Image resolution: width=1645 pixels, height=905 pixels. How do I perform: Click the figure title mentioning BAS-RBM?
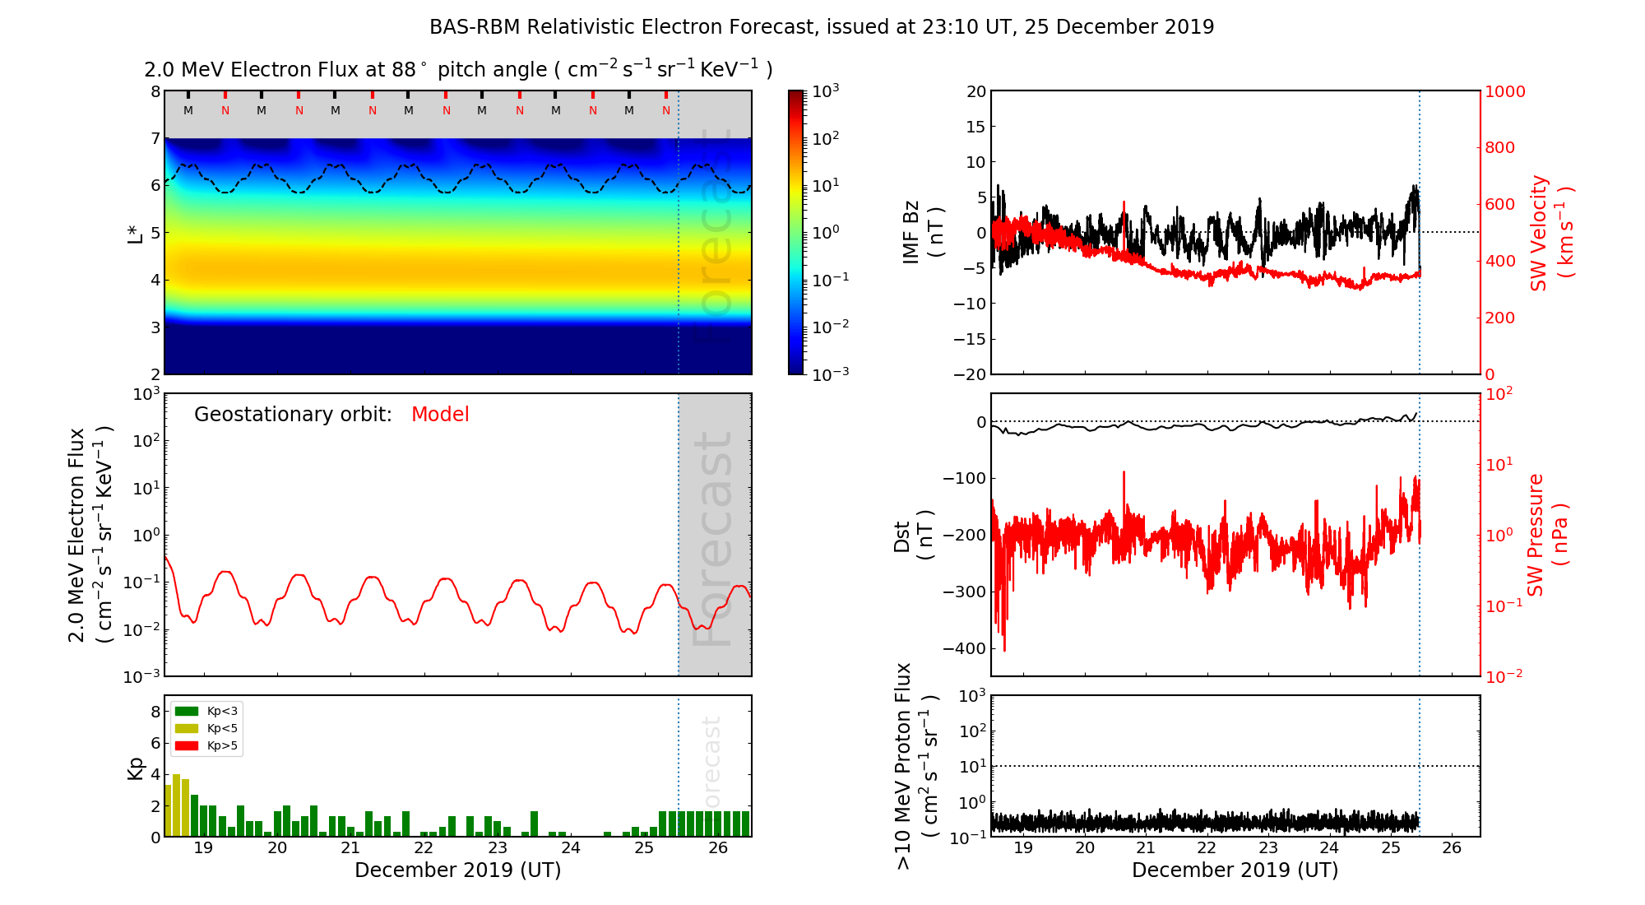(x=821, y=27)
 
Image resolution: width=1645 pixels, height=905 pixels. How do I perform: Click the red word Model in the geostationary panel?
(x=440, y=415)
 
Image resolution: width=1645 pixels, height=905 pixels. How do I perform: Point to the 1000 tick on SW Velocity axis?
(x=1504, y=91)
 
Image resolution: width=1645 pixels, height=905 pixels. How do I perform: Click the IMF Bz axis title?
(x=922, y=232)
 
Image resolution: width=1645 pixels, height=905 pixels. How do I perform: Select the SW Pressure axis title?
(x=1547, y=535)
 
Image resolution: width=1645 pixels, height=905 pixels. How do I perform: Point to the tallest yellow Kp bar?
(x=176, y=805)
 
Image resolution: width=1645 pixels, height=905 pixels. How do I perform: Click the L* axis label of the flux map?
(x=135, y=233)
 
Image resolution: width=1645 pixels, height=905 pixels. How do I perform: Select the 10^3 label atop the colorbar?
(x=826, y=91)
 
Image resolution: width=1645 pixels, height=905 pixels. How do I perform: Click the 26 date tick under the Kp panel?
(x=718, y=848)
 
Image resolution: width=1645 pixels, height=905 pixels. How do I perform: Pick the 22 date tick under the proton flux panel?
(x=1206, y=848)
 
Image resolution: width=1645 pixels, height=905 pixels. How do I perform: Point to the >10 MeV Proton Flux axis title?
(x=915, y=766)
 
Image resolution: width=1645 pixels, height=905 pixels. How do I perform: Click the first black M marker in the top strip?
(x=188, y=110)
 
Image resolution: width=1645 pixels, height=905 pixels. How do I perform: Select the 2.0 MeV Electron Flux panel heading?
(x=458, y=70)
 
